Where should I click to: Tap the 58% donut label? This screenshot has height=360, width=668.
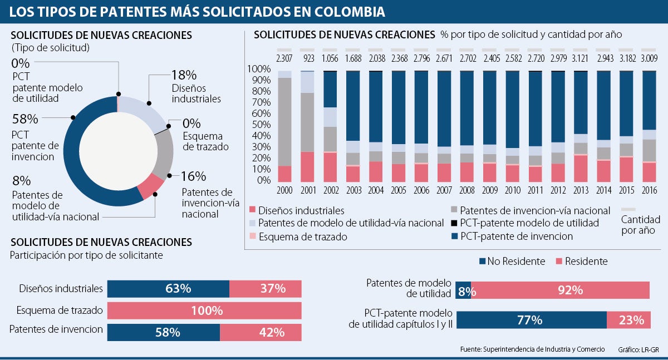click(24, 119)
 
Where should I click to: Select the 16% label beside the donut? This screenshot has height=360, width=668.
click(194, 177)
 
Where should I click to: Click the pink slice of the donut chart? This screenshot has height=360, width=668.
click(151, 187)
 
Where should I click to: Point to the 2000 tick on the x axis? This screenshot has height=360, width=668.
click(284, 190)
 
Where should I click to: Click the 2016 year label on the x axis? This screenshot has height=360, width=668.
click(649, 190)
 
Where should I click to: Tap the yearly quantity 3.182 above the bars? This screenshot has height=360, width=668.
click(626, 58)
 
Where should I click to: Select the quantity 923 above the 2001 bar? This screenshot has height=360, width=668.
click(308, 58)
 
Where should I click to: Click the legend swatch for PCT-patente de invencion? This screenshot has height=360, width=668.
click(455, 236)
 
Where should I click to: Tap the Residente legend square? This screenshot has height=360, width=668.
click(559, 262)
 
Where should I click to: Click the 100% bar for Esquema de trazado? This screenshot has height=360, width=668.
click(204, 310)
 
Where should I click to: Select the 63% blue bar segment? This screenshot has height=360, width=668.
click(168, 289)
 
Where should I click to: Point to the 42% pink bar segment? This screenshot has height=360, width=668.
click(261, 332)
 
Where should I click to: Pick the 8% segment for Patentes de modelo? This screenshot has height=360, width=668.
click(463, 290)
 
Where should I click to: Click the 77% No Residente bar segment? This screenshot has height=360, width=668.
click(531, 320)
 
